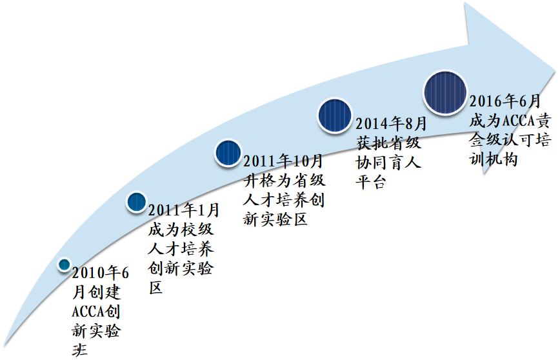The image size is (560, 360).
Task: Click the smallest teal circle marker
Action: point(65,265)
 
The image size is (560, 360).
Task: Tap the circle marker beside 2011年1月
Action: point(136,202)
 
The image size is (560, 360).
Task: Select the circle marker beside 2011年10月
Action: point(228,153)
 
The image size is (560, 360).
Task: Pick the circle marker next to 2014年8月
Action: point(335,115)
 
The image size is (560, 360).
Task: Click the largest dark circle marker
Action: point(445,92)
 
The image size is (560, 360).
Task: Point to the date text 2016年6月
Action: point(505,101)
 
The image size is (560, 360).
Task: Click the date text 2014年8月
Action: point(391,124)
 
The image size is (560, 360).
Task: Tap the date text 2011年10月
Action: point(283,161)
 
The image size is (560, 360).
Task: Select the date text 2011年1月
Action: point(184,210)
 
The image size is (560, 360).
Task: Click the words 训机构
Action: point(494,159)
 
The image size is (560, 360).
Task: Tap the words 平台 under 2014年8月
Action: point(371,182)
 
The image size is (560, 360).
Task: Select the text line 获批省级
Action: point(388,143)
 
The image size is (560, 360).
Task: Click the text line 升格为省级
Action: point(285,181)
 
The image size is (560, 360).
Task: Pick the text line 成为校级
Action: point(181,229)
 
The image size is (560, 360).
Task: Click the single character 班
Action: point(79,350)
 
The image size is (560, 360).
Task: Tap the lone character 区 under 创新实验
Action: point(155,287)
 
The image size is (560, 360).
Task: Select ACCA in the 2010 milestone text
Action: point(88,312)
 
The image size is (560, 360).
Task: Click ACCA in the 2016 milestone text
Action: point(519,121)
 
